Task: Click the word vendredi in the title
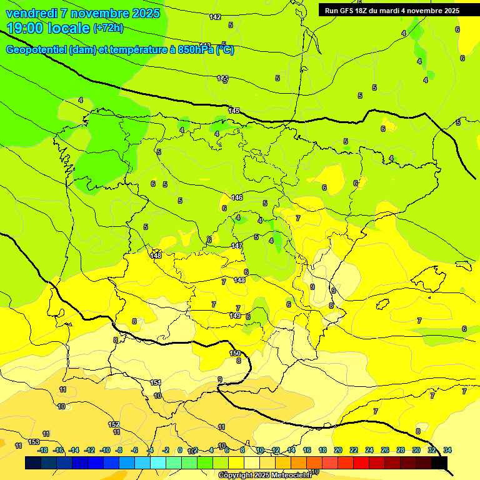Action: (31, 13)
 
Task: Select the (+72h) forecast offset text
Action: (108, 28)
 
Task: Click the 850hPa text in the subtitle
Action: (196, 50)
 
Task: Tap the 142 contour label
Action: (215, 17)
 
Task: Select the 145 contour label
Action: (234, 111)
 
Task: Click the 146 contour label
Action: (237, 197)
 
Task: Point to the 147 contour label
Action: (237, 246)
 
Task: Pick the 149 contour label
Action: (235, 316)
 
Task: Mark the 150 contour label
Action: (235, 353)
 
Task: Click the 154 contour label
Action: (156, 382)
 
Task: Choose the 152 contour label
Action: (114, 424)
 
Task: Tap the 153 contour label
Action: (34, 442)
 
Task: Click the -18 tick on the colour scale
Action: (42, 450)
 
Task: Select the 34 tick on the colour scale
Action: (447, 450)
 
